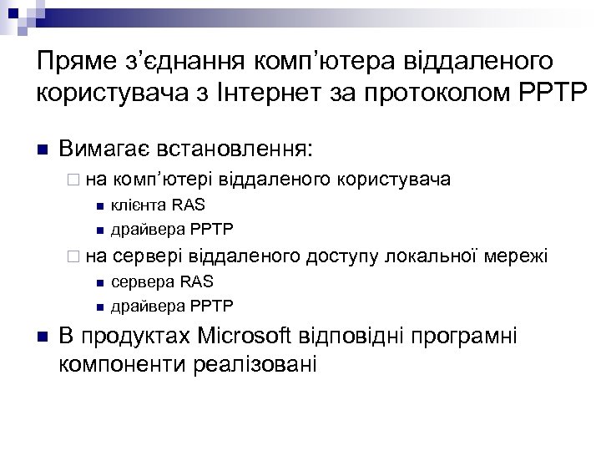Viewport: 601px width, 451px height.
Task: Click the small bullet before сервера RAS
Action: click(x=98, y=282)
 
